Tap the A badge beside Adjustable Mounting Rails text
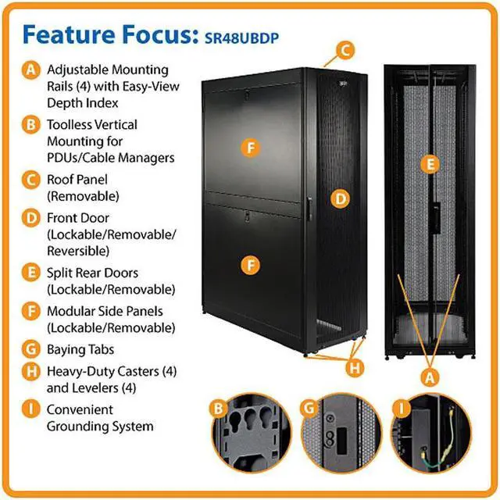(30, 70)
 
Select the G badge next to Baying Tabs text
(30, 350)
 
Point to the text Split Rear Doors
(93, 273)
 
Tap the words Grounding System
(100, 427)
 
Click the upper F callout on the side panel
(249, 146)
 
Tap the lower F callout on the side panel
(249, 265)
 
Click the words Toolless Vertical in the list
(92, 124)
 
